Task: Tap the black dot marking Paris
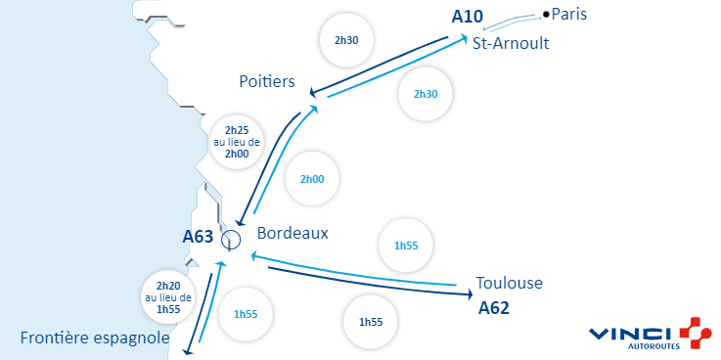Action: pos(546,15)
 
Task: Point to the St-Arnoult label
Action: pos(510,44)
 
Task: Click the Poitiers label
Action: pos(267,82)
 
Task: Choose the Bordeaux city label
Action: pos(293,234)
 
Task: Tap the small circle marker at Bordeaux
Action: pos(231,239)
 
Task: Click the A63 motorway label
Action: pos(198,236)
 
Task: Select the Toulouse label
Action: pos(509,284)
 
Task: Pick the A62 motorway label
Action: pos(494,308)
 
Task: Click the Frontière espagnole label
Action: pos(94,338)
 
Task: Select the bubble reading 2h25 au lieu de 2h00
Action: pos(238,142)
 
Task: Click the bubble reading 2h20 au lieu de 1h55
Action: pos(168,296)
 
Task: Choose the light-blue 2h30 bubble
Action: pos(426,94)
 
